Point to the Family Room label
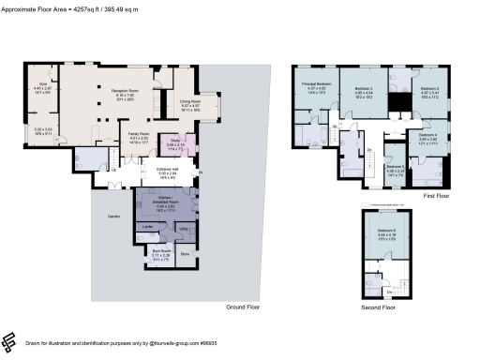click(x=140, y=138)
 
